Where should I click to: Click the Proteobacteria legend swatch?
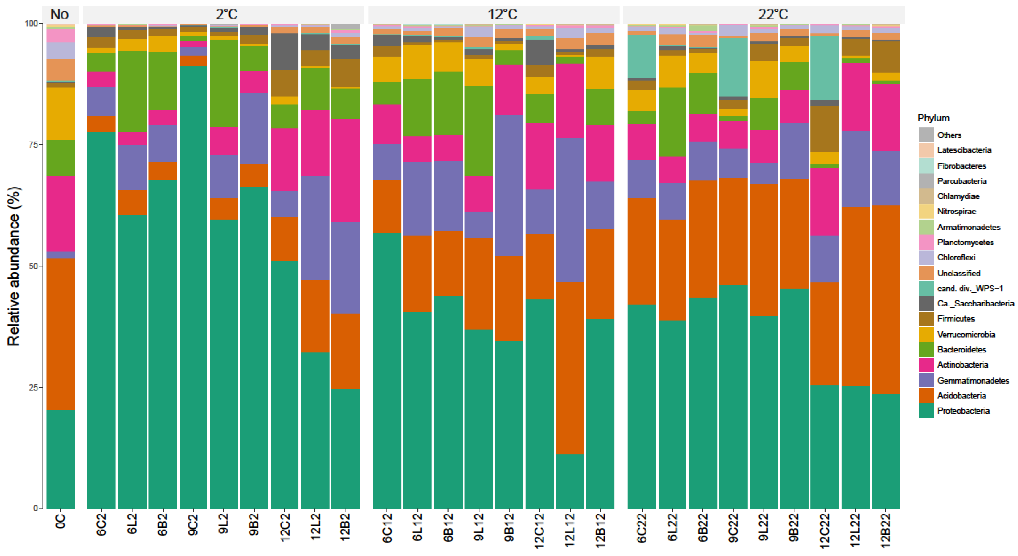coord(926,411)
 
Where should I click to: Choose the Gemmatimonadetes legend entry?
coord(973,380)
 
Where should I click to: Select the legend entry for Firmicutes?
coord(956,319)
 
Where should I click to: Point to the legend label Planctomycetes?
coord(965,242)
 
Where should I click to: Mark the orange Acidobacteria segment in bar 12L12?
coord(569,367)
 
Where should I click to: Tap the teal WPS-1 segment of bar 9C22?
coord(733,67)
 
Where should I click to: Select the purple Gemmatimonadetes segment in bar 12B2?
coord(345,268)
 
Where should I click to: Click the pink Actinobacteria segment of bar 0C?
coord(61,213)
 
